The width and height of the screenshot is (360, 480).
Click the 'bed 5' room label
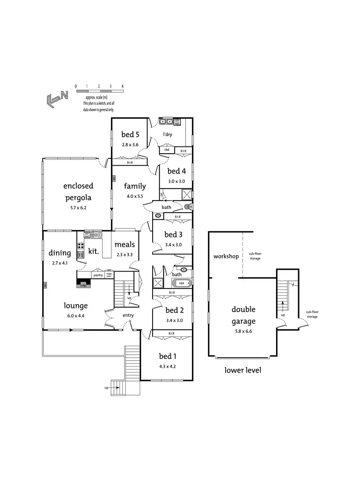[x=130, y=134]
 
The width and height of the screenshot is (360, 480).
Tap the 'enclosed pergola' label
[x=78, y=191]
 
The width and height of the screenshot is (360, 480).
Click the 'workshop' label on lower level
[x=226, y=256]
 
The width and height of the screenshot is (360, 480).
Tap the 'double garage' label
[x=243, y=315]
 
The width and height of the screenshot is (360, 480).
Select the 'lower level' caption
[x=243, y=371]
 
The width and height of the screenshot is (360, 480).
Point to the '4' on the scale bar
[x=122, y=86]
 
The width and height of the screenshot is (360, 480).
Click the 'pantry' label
[x=98, y=275]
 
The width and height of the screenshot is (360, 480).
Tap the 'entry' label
[x=128, y=315]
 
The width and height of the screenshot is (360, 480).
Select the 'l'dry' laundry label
[x=167, y=134]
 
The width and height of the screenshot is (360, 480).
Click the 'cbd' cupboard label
[x=167, y=150]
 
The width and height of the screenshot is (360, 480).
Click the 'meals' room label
[x=125, y=244]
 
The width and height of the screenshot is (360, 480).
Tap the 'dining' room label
[x=60, y=253]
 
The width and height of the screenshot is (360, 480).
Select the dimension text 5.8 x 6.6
[x=243, y=331]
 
